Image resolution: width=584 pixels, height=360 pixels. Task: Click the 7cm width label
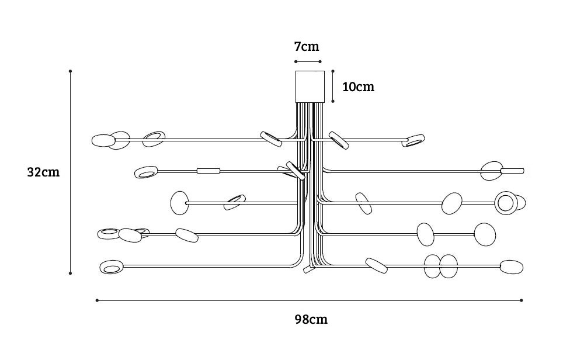click(307, 46)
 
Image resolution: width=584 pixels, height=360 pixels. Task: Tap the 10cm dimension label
click(358, 87)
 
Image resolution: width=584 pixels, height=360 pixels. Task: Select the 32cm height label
click(43, 172)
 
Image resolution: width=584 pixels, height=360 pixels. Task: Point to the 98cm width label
click(311, 319)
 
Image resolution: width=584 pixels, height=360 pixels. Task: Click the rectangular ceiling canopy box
click(310, 86)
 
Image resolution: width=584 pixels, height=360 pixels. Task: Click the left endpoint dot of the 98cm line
click(97, 300)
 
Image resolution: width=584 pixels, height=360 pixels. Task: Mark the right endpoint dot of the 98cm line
click(521, 300)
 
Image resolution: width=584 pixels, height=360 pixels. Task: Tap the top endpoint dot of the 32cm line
click(70, 71)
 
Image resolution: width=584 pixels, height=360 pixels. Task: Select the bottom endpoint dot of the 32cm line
click(70, 273)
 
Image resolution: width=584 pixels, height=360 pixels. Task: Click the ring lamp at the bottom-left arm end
click(111, 268)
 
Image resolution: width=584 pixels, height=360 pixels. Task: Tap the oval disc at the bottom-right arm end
click(511, 266)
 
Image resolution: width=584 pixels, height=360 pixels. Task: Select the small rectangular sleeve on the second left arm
click(208, 171)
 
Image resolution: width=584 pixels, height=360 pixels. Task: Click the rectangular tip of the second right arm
click(513, 171)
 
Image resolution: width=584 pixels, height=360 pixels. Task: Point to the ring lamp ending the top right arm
click(414, 140)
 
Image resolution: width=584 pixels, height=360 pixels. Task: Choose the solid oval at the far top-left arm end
click(103, 140)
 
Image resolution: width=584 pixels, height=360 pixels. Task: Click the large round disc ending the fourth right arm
click(485, 234)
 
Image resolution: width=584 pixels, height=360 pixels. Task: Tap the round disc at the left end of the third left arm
click(179, 203)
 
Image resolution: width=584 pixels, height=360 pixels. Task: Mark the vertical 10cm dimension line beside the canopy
click(333, 86)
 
